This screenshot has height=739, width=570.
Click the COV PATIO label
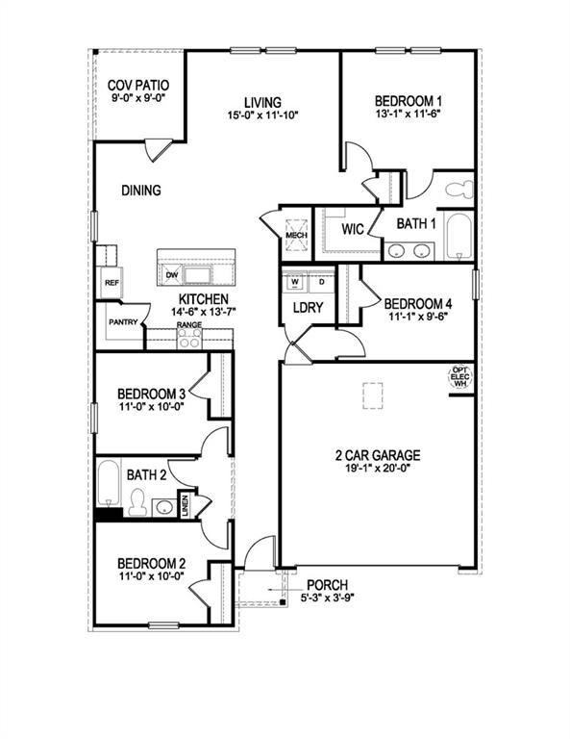pyautogui.click(x=137, y=85)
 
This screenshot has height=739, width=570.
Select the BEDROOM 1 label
pyautogui.click(x=408, y=100)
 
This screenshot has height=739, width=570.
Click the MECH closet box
pyautogui.click(x=294, y=233)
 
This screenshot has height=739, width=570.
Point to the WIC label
pyautogui.click(x=352, y=229)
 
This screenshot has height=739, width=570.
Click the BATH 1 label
pyautogui.click(x=417, y=224)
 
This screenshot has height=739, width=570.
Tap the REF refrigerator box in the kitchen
pyautogui.click(x=110, y=283)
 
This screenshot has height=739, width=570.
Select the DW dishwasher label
pyautogui.click(x=172, y=275)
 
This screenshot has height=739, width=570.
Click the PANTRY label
pyautogui.click(x=123, y=322)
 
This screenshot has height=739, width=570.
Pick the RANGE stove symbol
pyautogui.click(x=188, y=338)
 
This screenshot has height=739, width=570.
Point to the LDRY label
pyautogui.click(x=308, y=308)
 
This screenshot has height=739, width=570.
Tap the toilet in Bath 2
pyautogui.click(x=138, y=503)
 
